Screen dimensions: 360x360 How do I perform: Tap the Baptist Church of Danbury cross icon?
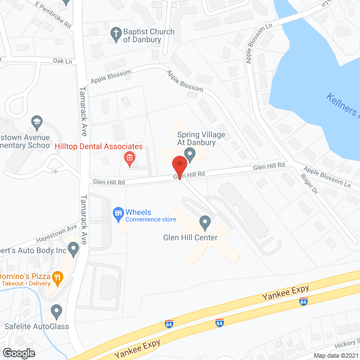click(116, 33)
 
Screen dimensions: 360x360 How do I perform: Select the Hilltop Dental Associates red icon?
click(129, 159)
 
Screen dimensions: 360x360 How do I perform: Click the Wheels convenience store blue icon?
click(118, 213)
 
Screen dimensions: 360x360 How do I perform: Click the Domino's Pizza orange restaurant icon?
click(57, 277)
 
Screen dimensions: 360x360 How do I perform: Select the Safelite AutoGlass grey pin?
click(56, 310)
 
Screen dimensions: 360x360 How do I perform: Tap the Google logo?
click(18, 353)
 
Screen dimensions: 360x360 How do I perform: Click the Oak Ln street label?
click(62, 61)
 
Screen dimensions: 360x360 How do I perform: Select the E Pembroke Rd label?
click(53, 16)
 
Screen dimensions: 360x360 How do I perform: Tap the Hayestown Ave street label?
click(56, 231)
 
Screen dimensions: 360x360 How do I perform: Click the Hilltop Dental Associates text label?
click(98, 147)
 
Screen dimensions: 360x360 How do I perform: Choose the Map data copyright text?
click(335, 355)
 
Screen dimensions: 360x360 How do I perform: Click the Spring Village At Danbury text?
click(201, 138)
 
